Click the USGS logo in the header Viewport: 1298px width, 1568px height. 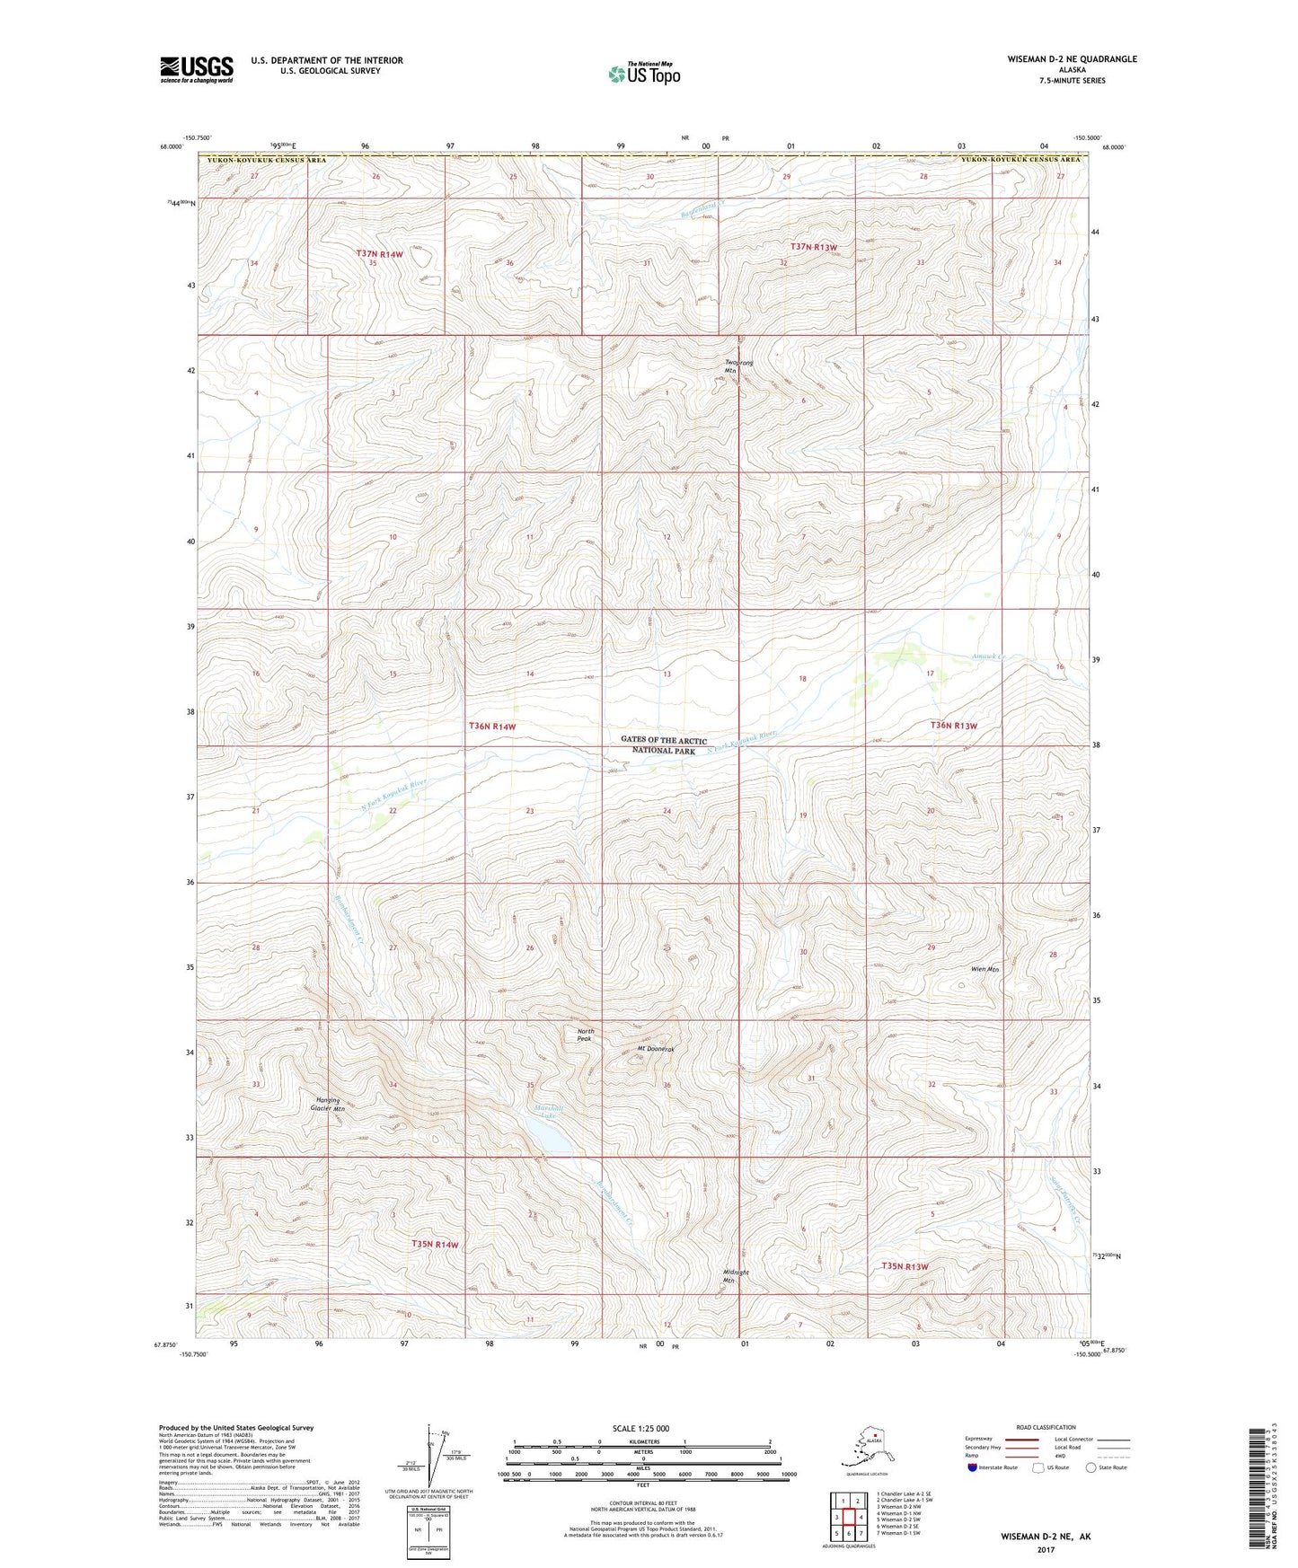[x=197, y=69]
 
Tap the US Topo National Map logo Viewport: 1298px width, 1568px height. [x=643, y=73]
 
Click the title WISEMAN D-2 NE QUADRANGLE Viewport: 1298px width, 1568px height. [x=1072, y=59]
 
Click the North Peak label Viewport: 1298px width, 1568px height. [x=586, y=1035]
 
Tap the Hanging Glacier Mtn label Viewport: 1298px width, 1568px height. [x=328, y=1105]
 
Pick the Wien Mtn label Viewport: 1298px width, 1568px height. [x=985, y=969]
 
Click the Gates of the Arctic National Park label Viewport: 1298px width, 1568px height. [x=664, y=745]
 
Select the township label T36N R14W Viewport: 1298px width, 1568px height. [x=492, y=726]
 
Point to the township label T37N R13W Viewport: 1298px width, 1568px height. [x=814, y=247]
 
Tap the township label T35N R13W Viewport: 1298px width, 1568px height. [x=905, y=1266]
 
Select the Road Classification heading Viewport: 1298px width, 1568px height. [x=1046, y=1427]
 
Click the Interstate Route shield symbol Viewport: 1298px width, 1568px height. [x=973, y=1467]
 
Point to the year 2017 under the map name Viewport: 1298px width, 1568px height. [x=1045, y=1549]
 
